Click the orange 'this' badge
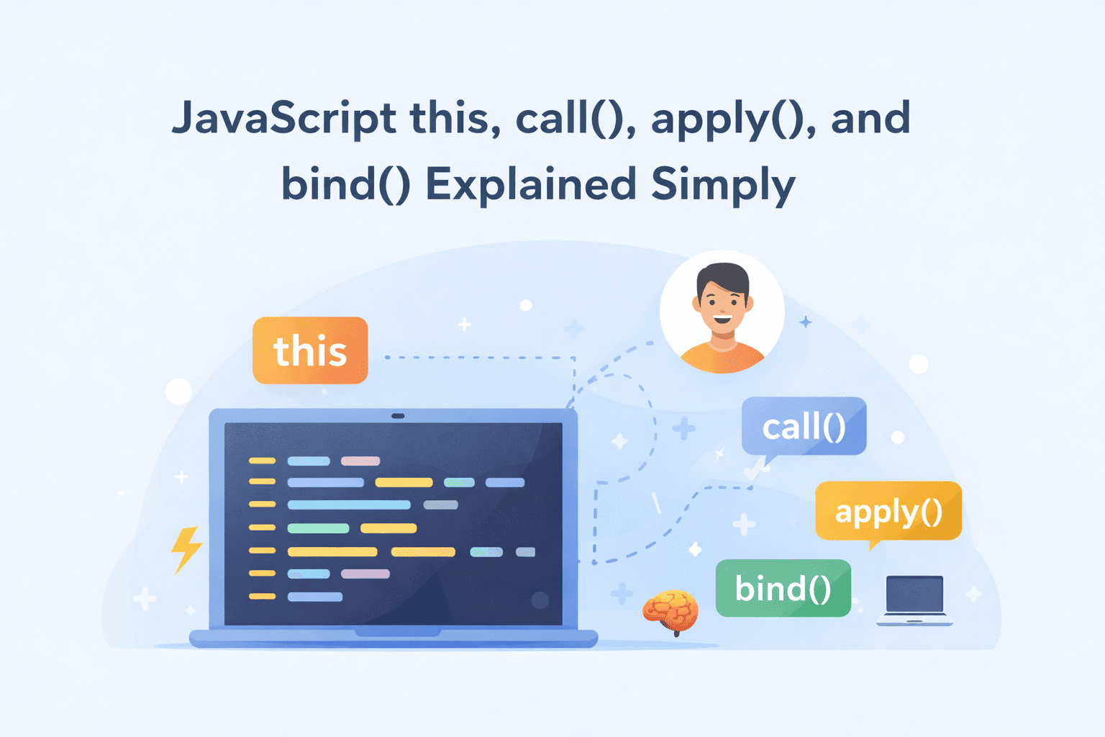point(310,351)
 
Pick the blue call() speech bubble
point(804,426)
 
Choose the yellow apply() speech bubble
point(888,511)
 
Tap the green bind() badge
point(783,589)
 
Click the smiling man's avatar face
point(722,302)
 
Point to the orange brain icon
point(670,610)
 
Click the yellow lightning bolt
point(186,548)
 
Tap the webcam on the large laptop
point(397,416)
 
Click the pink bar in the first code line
point(360,461)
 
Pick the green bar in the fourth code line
point(318,528)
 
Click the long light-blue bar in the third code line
point(349,505)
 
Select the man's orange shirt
point(722,358)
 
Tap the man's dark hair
point(722,275)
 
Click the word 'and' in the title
point(870,119)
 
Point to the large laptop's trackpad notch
point(397,633)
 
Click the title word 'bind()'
point(345,184)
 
